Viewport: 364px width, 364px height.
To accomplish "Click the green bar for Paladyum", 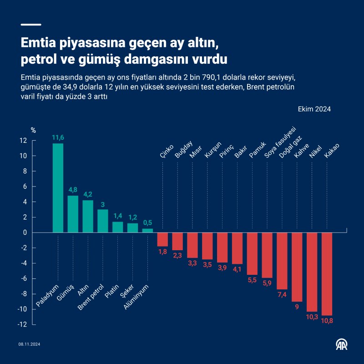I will [58, 188].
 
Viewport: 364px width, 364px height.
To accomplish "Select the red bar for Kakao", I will [327, 273].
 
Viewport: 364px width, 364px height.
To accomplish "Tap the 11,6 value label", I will [58, 137].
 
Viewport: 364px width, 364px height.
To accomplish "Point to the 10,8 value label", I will [327, 321].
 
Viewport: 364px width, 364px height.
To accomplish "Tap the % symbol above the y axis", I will [33, 130].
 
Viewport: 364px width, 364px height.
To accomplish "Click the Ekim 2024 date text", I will [314, 109].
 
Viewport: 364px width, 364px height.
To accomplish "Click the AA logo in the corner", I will [342, 345].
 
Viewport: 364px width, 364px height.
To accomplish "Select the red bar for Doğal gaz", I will [282, 261].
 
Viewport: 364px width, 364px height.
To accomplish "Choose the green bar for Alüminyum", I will [147, 230].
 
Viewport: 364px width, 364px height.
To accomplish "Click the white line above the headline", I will [31, 25].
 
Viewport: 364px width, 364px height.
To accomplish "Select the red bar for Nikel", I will [312, 272].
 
